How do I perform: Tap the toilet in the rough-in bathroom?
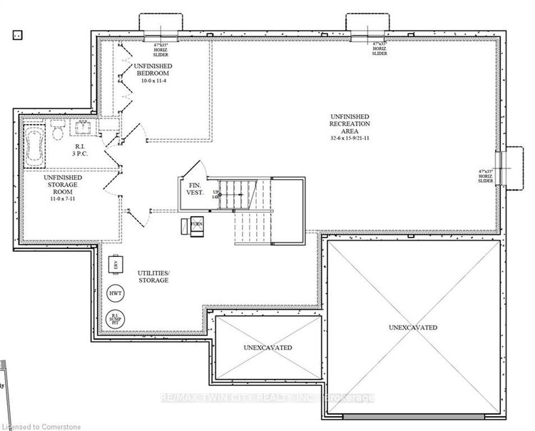[57, 131]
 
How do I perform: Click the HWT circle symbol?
[115, 293]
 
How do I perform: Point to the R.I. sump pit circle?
[115, 318]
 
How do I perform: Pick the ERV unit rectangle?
[113, 265]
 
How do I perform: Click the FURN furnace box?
[195, 227]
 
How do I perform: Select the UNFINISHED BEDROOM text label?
[151, 69]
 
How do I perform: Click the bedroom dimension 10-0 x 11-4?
[151, 81]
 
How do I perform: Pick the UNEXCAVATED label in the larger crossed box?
[413, 328]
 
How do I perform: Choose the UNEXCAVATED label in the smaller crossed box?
[268, 348]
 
